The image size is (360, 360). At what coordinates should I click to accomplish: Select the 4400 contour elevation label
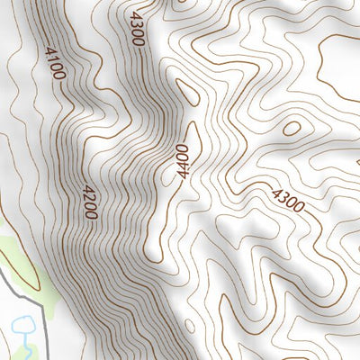pos(184,161)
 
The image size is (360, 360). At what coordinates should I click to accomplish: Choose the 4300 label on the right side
pos(287,199)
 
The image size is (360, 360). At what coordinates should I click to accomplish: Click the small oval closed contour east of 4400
pos(292,128)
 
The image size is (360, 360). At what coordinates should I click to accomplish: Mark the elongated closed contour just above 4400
pos(187,94)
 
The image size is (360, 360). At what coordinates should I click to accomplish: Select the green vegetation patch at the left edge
pos(18,256)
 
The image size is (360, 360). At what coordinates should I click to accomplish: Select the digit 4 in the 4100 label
pos(49,51)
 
